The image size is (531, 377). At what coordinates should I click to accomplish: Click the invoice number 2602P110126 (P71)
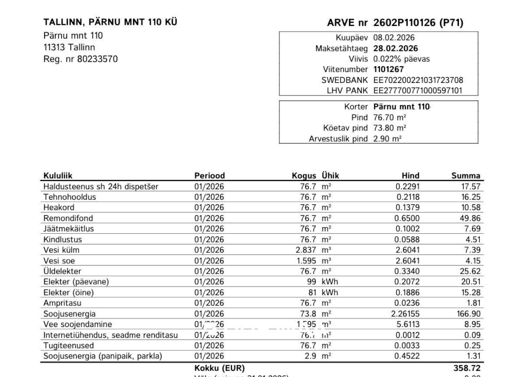pyautogui.click(x=418, y=23)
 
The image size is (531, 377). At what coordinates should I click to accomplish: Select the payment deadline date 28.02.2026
pyautogui.click(x=395, y=49)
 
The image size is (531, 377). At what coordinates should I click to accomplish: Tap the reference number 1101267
pyautogui.click(x=388, y=69)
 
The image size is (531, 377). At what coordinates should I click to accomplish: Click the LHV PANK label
pyautogui.click(x=347, y=90)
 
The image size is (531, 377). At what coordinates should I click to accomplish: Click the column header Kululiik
pyautogui.click(x=58, y=176)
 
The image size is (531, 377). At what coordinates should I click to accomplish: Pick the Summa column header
pyautogui.click(x=466, y=176)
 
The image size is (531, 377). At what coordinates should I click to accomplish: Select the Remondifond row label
pyautogui.click(x=68, y=218)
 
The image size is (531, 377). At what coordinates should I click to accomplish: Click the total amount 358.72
pyautogui.click(x=467, y=368)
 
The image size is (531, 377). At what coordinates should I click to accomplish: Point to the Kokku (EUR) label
pyautogui.click(x=219, y=368)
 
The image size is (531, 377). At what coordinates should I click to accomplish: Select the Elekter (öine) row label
pyautogui.click(x=69, y=293)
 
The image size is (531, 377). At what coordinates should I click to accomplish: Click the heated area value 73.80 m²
pyautogui.click(x=390, y=128)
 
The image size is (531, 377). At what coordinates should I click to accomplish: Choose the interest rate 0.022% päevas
pyautogui.click(x=401, y=59)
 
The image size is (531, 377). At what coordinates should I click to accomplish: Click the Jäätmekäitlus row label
pyautogui.click(x=69, y=229)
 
